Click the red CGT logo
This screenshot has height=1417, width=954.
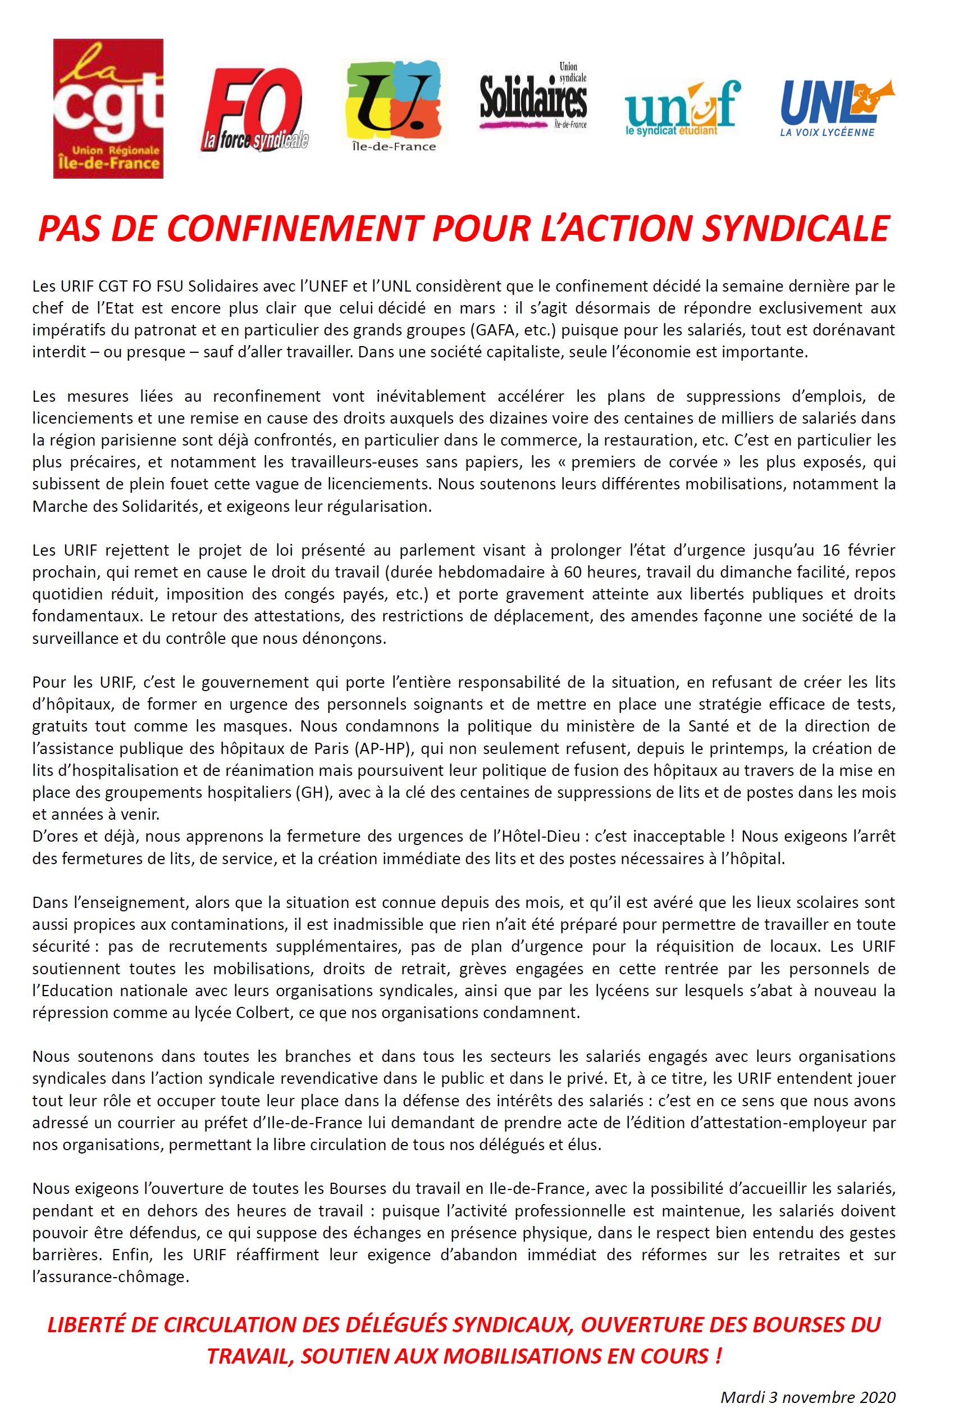[108, 108]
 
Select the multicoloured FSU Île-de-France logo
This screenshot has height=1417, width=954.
[393, 105]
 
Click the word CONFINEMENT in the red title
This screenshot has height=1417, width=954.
[294, 229]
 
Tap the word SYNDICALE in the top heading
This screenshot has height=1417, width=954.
[796, 229]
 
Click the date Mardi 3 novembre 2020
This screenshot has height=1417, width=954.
[807, 1396]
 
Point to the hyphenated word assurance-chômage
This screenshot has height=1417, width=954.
[110, 1277]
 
